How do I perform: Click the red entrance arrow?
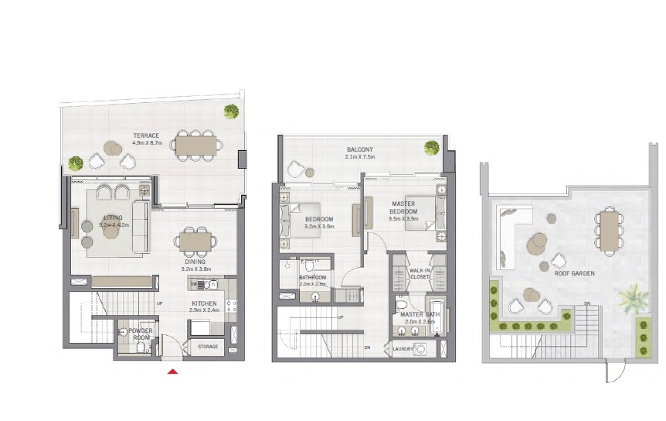tap(173, 371)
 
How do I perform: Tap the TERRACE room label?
tap(145, 135)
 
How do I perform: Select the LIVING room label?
tap(112, 218)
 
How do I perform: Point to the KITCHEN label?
tap(204, 303)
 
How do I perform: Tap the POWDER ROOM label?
tap(141, 334)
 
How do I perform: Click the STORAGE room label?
tap(207, 347)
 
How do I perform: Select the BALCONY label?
tap(359, 149)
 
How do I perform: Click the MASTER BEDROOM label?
tap(403, 207)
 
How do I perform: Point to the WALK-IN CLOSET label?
tap(420, 273)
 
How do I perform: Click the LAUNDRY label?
tap(403, 349)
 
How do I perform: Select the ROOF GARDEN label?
tap(573, 272)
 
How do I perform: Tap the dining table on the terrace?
tap(197, 145)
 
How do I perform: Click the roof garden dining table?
tap(610, 230)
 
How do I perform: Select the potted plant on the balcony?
tap(432, 148)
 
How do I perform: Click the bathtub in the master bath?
tap(438, 315)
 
